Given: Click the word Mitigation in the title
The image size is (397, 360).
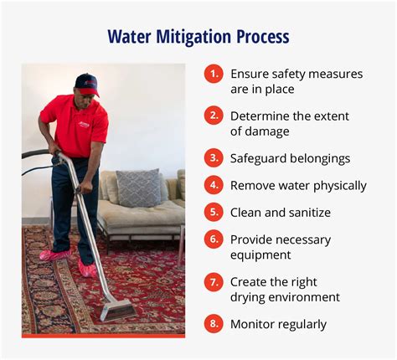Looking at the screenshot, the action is pyautogui.click(x=193, y=37).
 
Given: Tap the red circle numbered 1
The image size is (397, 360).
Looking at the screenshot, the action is pyautogui.click(x=214, y=74).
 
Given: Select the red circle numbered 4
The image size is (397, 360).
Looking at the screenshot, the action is pyautogui.click(x=214, y=185).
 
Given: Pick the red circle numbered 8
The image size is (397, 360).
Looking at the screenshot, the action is pyautogui.click(x=214, y=324).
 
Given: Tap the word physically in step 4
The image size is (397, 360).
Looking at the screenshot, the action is pyautogui.click(x=340, y=186).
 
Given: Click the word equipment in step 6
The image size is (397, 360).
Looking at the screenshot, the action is pyautogui.click(x=260, y=255).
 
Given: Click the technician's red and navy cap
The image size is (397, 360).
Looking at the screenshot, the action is pyautogui.click(x=87, y=85).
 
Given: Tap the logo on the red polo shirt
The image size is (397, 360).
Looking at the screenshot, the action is pyautogui.click(x=83, y=125).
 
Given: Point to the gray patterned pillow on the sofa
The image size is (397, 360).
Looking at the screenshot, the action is pyautogui.click(x=139, y=188).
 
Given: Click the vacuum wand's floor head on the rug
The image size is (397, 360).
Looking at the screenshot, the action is pyautogui.click(x=118, y=310).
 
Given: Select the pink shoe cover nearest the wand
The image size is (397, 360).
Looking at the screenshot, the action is pyautogui.click(x=87, y=269).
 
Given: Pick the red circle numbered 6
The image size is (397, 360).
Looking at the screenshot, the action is pyautogui.click(x=214, y=239).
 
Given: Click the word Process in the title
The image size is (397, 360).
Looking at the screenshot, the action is pyautogui.click(x=263, y=37).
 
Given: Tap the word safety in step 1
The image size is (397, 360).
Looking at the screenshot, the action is pyautogui.click(x=288, y=75).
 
